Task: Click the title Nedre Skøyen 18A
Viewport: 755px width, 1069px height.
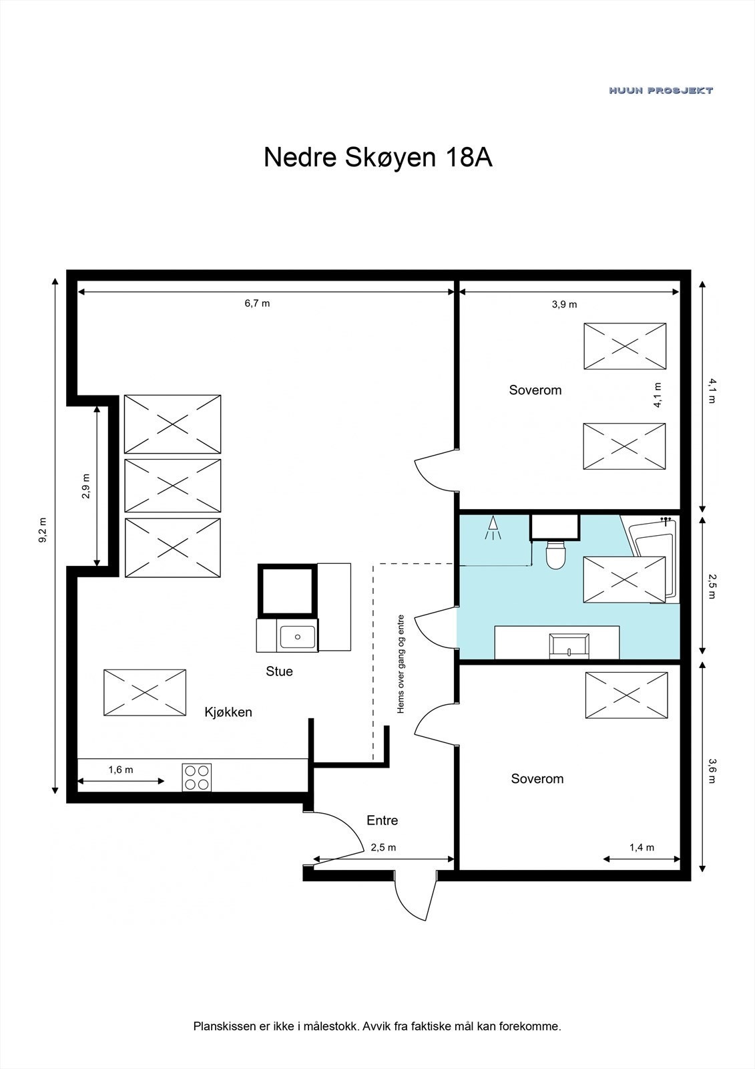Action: tap(378, 158)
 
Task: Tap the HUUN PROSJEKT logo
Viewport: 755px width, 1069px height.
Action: tap(661, 90)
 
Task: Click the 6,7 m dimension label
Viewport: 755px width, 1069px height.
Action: tap(257, 303)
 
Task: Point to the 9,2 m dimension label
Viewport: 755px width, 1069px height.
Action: tap(43, 530)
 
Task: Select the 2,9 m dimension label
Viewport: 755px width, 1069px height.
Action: tap(86, 486)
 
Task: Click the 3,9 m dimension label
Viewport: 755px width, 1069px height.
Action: tap(564, 304)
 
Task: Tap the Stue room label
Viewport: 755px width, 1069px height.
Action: tap(279, 671)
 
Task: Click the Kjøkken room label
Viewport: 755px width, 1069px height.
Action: tap(228, 712)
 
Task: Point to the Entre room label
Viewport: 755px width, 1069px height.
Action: tap(382, 820)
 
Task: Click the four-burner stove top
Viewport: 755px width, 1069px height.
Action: tap(196, 778)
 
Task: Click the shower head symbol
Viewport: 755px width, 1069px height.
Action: tap(493, 528)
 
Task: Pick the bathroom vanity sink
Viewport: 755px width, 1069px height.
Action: tap(569, 645)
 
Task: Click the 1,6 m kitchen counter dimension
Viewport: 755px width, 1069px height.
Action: tap(121, 769)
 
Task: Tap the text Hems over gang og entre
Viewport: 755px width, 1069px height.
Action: tap(401, 664)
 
